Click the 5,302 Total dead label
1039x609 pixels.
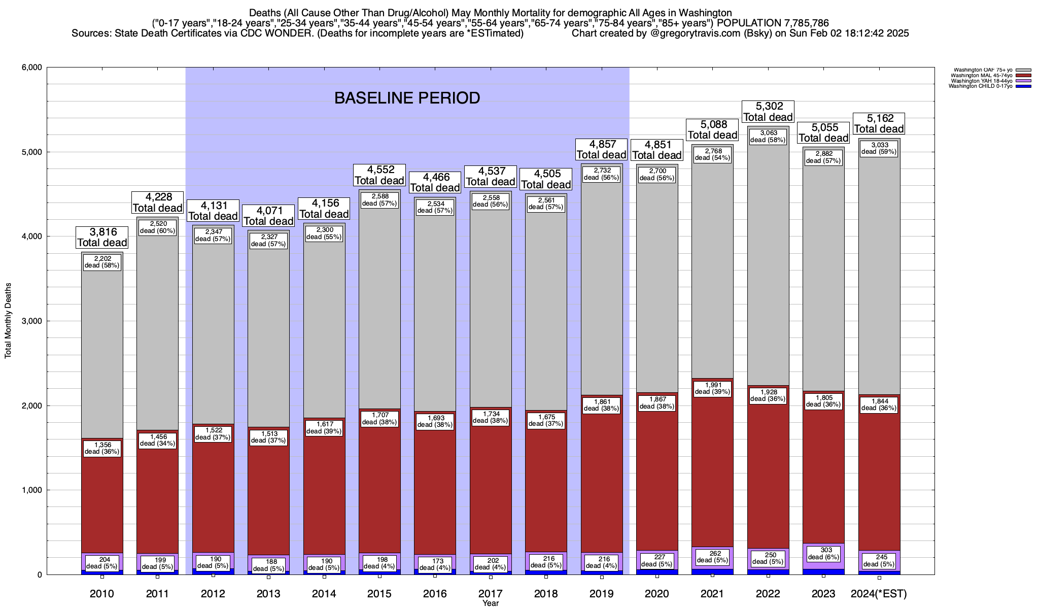coord(768,112)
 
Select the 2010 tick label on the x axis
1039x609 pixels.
coord(102,593)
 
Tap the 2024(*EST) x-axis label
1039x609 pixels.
coord(879,593)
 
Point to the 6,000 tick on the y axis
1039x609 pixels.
coord(31,67)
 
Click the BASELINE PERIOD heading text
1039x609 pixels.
coord(407,98)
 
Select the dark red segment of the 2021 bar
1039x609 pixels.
coord(712,472)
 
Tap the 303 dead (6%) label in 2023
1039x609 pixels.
coord(823,553)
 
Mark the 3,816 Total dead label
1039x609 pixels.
coord(102,237)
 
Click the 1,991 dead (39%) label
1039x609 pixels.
coord(712,388)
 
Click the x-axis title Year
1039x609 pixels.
coord(491,603)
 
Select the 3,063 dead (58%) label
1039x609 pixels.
coord(768,137)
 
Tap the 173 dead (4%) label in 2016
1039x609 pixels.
coord(435,564)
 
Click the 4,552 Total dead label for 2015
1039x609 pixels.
coord(379,175)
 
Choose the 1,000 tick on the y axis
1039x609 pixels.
coord(31,490)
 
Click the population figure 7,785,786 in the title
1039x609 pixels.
coord(800,23)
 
